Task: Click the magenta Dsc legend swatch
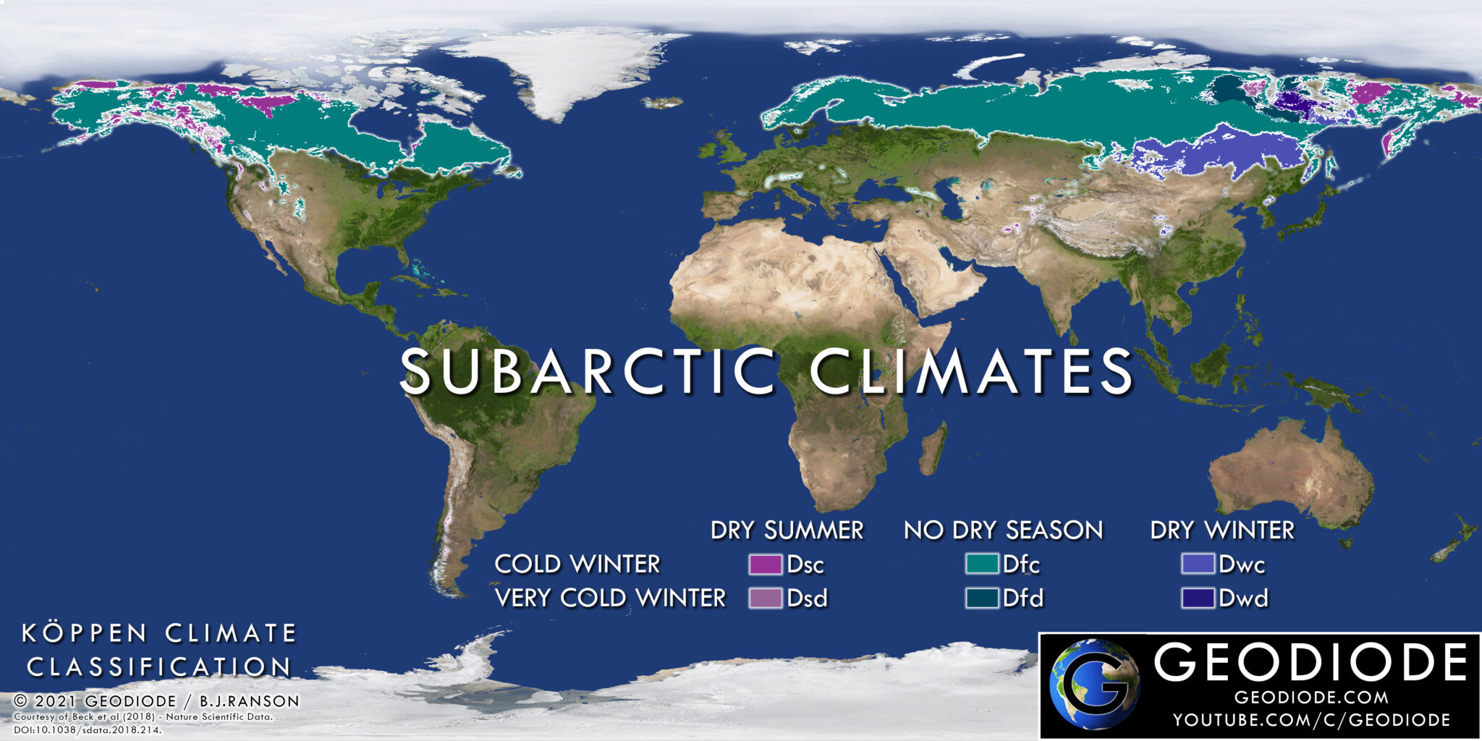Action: click(x=765, y=564)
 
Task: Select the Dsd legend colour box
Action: click(x=765, y=598)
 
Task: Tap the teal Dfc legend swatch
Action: click(x=982, y=564)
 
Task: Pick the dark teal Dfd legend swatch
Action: click(x=982, y=598)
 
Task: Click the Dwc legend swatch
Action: click(x=1198, y=564)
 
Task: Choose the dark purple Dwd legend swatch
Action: click(x=1198, y=598)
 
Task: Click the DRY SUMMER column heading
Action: click(x=787, y=530)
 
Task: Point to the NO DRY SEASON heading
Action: click(x=1003, y=530)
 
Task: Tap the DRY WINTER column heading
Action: click(x=1222, y=530)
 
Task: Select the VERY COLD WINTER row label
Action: click(x=610, y=598)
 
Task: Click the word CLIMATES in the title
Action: click(x=971, y=371)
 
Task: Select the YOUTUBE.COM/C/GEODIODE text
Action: click(x=1311, y=720)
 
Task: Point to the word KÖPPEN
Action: click(x=85, y=633)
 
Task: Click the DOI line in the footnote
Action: click(x=88, y=730)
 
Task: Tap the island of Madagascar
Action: click(x=934, y=449)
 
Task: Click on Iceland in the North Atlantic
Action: click(x=663, y=103)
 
